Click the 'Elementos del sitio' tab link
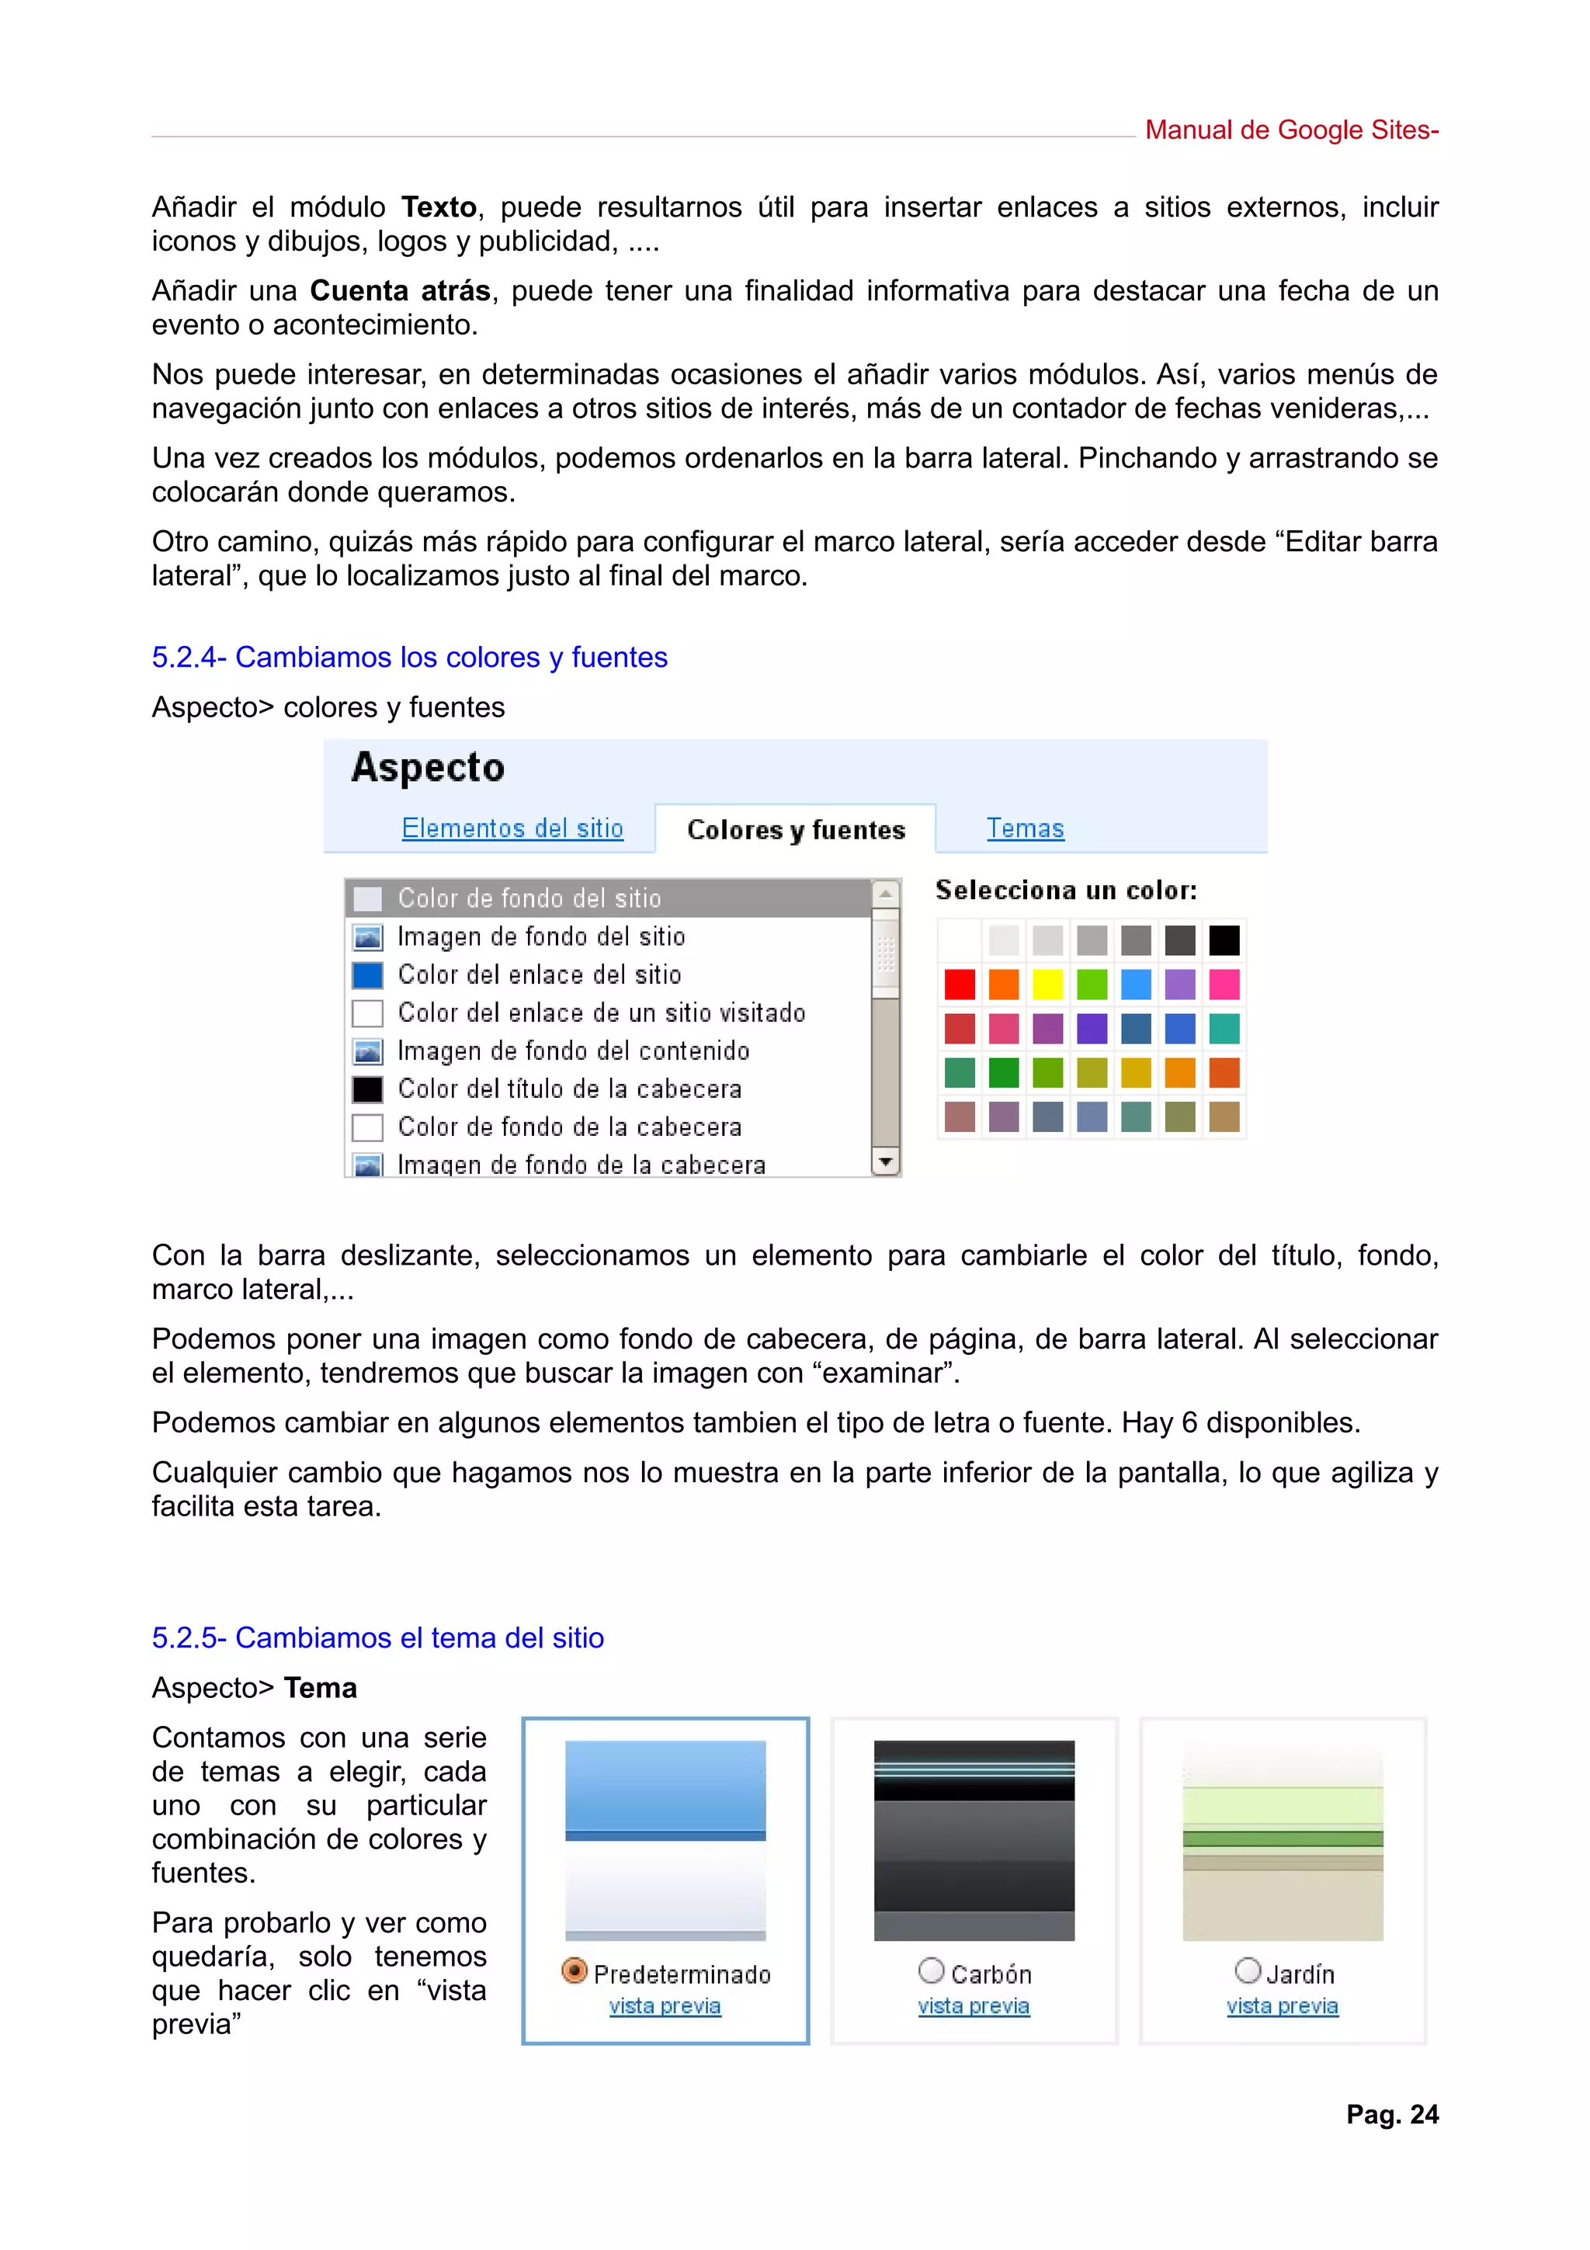pos(512,829)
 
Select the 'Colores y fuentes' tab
pos(796,830)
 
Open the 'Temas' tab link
pos(1025,829)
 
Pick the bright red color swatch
pos(960,984)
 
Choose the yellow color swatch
pos(1047,984)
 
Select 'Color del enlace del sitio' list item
pos(539,975)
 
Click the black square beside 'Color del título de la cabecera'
pos(367,1090)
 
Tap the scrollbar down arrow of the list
pos(886,1162)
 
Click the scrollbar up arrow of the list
pos(886,894)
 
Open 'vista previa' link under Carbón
pos(974,2007)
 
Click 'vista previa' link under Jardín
pos(1283,2007)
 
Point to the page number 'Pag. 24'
pos(1392,2115)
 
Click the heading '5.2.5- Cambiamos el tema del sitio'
pos(377,1637)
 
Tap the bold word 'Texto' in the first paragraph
pos(439,208)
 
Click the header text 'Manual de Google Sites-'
pos(1291,130)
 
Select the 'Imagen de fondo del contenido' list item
pos(573,1051)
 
